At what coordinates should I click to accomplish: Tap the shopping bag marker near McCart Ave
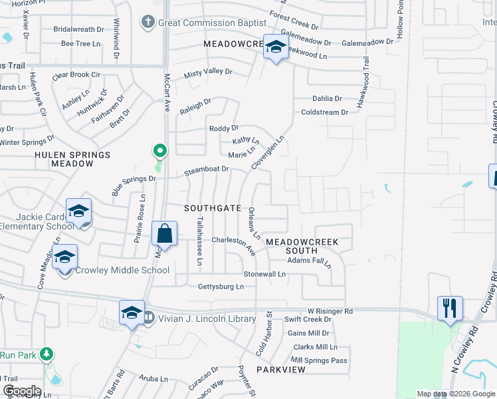(164, 235)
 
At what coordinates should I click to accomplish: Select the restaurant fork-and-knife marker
(450, 309)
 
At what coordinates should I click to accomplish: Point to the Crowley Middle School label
(122, 270)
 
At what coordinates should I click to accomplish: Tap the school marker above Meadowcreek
(276, 47)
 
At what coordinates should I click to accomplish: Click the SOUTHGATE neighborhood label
(213, 208)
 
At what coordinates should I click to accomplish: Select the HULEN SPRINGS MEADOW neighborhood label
(72, 159)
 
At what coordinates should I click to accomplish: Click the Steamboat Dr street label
(206, 169)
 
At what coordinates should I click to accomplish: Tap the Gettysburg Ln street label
(221, 287)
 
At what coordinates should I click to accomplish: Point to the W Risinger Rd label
(330, 311)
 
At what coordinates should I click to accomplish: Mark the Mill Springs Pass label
(319, 360)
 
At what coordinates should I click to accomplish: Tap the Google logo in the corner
(21, 391)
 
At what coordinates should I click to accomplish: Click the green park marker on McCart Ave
(159, 150)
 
